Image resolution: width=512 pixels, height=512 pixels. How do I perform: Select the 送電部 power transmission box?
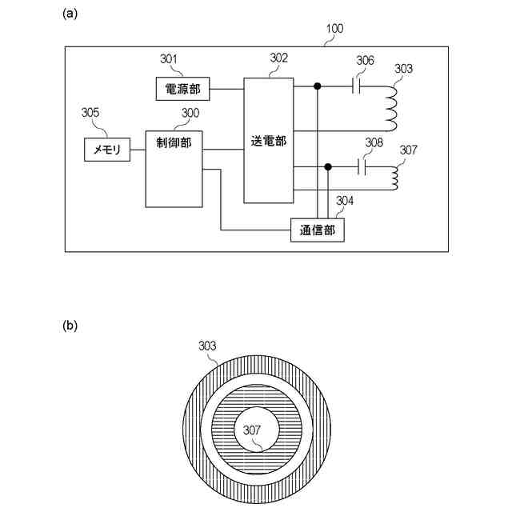coord(268,140)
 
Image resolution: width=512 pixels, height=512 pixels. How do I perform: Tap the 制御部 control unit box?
coord(174,167)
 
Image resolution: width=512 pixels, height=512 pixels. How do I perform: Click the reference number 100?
coord(334,29)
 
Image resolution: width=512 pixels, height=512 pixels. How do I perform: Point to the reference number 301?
coord(169,59)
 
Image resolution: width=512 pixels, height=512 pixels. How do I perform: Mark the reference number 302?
coord(278,58)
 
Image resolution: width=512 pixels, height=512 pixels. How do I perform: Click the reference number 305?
coord(90,113)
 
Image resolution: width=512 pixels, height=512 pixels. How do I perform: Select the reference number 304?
coord(346,200)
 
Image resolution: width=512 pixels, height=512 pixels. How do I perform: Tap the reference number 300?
coord(190,113)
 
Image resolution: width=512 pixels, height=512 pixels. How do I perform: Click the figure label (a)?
coord(70,14)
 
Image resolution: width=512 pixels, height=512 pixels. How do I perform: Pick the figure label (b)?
coord(70,326)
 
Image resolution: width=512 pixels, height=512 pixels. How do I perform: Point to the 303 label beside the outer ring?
coord(207,346)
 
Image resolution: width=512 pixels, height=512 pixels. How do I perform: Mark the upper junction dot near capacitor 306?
coord(318,86)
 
